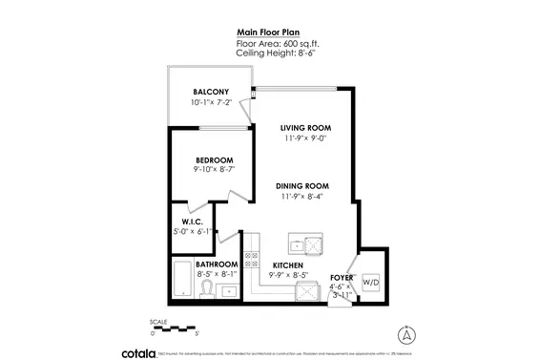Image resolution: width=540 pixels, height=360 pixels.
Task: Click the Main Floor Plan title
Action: (268, 32)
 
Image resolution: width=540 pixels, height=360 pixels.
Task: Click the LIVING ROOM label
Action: (304, 127)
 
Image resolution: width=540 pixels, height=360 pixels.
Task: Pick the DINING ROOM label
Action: (304, 185)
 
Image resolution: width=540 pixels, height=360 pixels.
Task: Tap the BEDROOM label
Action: (215, 159)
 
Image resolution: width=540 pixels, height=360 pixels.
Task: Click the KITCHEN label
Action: (288, 265)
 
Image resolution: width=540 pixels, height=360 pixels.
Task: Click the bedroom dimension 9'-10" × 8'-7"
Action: (215, 170)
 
